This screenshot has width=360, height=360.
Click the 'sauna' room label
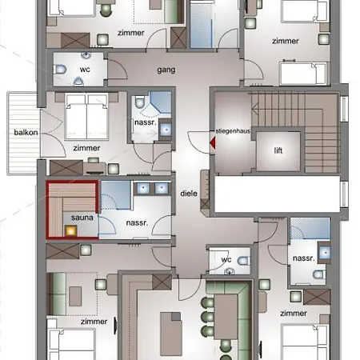[x=82, y=218]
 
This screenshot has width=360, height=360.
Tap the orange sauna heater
[x=70, y=230]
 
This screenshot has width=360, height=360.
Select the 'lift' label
[x=278, y=150]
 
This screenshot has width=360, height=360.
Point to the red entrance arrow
[x=213, y=143]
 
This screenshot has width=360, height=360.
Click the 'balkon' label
[x=26, y=133]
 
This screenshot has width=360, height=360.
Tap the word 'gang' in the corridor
[x=166, y=70]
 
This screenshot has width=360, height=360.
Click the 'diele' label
[x=189, y=194]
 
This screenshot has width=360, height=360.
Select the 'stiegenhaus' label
[x=233, y=131]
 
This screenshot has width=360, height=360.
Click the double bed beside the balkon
[x=86, y=117]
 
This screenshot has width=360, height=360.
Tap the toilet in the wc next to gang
[x=60, y=70]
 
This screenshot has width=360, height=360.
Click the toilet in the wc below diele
[x=244, y=261]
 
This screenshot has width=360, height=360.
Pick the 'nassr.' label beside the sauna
[x=137, y=222]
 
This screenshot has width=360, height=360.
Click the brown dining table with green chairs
[x=226, y=317]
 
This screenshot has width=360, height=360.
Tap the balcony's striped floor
[x=22, y=134]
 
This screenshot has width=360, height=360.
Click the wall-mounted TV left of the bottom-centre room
[x=115, y=325]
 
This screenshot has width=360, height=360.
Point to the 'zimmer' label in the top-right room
[x=286, y=41]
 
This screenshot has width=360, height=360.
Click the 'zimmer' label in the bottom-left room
[x=94, y=322]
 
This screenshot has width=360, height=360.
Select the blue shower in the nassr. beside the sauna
[x=115, y=195]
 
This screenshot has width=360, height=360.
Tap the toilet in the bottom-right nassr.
[x=319, y=274]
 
